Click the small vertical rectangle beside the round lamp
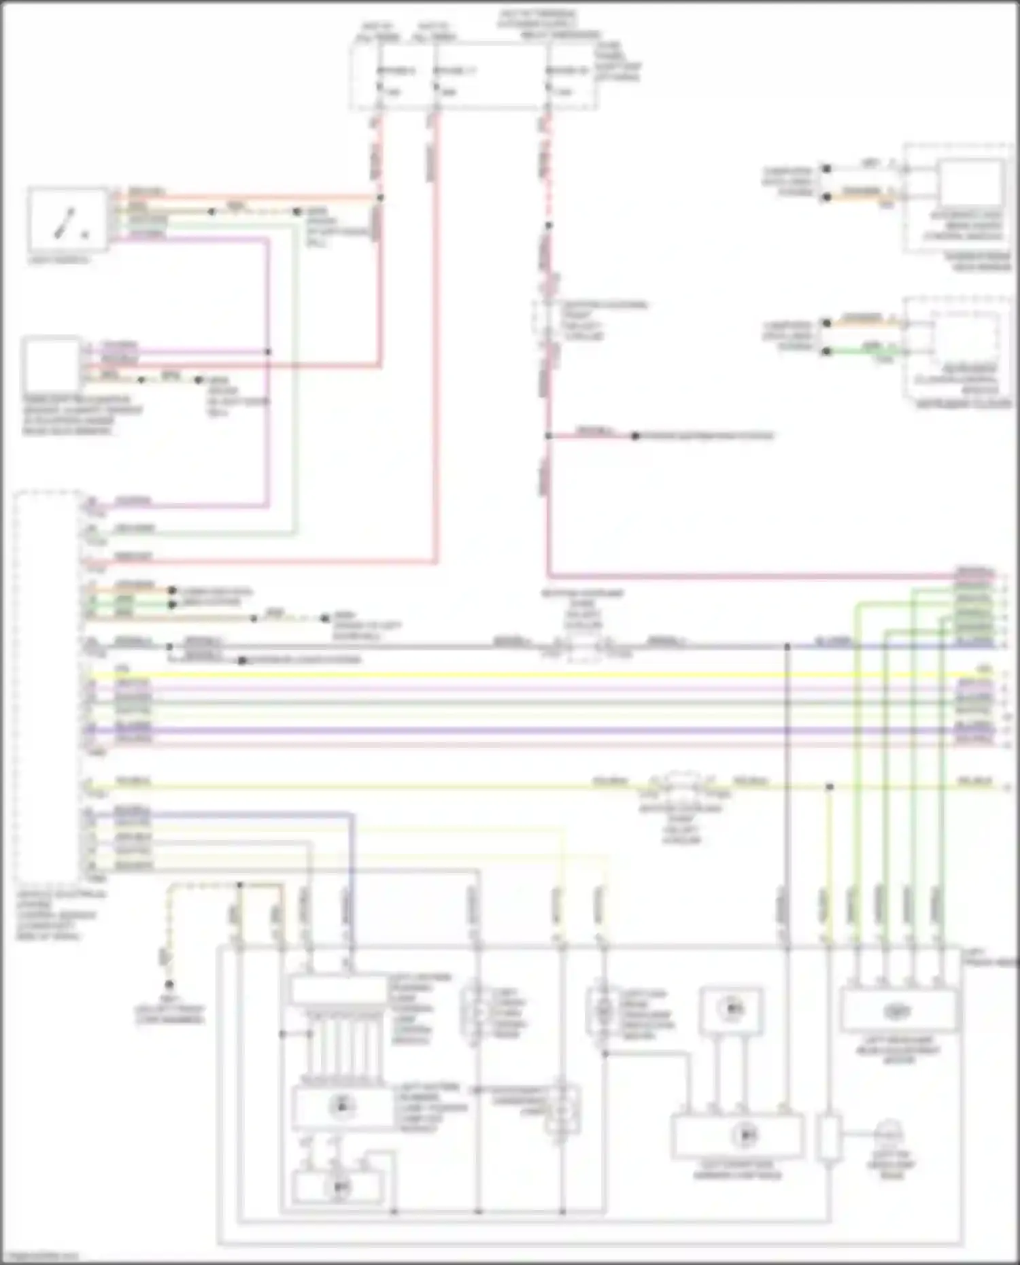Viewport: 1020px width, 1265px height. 829,1136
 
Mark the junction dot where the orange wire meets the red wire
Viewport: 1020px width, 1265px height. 380,198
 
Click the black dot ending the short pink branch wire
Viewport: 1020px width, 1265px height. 634,436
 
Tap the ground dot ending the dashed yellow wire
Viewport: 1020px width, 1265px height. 169,984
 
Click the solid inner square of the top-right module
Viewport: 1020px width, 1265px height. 970,184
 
